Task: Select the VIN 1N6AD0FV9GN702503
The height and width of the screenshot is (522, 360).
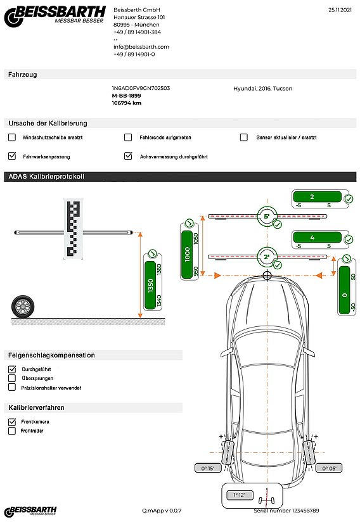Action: pos(141,89)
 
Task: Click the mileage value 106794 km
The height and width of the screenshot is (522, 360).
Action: pos(126,103)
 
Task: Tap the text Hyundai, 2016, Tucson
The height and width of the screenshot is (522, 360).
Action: pos(263,89)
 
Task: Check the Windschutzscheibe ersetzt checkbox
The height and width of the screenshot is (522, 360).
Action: pos(12,137)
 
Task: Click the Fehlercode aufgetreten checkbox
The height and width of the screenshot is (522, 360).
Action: pos(128,137)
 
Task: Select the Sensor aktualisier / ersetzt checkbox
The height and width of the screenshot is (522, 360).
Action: pos(244,137)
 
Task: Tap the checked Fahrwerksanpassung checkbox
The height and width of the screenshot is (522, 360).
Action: pos(12,156)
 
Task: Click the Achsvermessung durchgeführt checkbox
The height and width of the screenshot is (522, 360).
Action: pos(128,156)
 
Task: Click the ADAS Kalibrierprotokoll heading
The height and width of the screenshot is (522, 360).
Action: pos(47,176)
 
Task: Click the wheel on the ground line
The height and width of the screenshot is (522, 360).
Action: pos(23,307)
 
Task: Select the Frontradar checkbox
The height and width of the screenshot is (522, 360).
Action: pos(12,431)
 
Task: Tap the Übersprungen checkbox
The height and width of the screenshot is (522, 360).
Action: pos(12,378)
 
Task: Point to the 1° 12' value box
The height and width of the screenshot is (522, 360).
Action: pos(240,493)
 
